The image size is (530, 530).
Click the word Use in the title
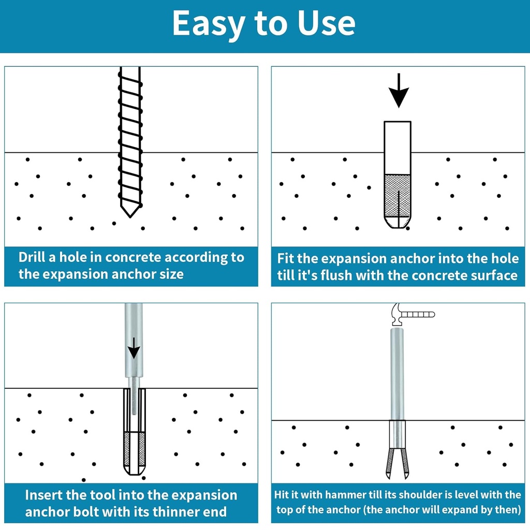[326, 23]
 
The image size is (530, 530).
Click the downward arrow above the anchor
[399, 92]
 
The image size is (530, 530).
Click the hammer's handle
[418, 314]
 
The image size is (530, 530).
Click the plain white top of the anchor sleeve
[397, 148]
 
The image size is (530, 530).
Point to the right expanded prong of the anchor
[405, 461]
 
